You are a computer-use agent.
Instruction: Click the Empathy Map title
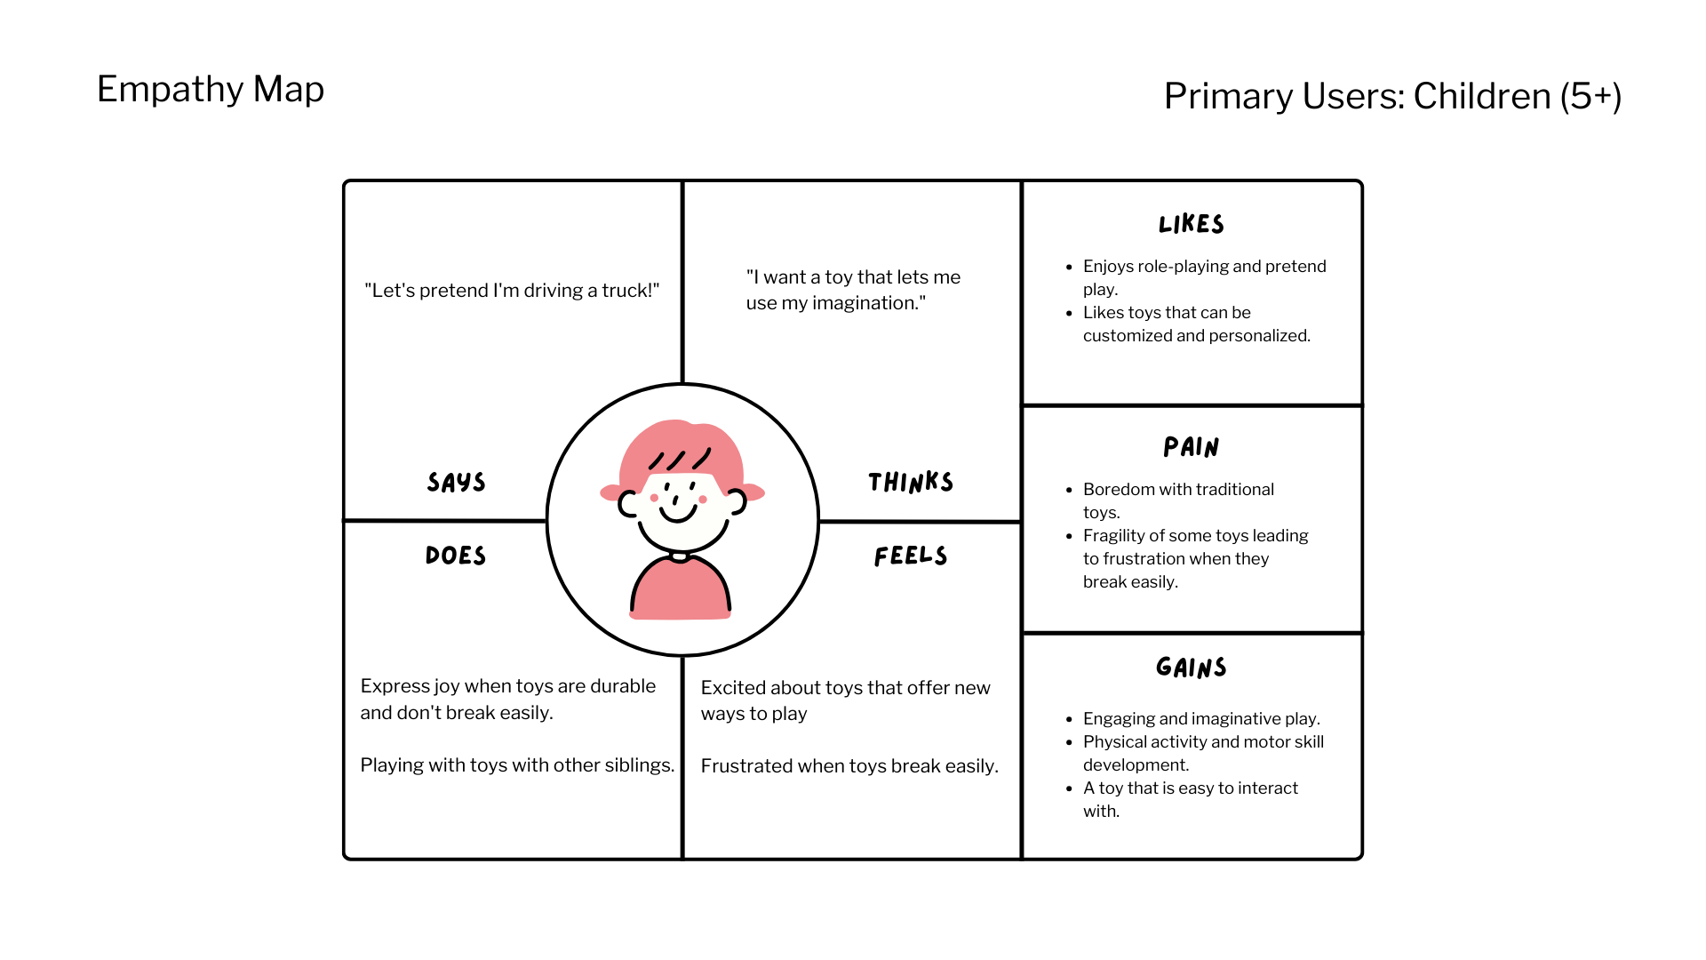[211, 89]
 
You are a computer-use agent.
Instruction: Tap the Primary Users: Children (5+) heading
[1392, 96]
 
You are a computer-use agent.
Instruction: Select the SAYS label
[456, 483]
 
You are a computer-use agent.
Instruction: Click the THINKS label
[911, 483]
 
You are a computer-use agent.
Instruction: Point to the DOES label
[456, 556]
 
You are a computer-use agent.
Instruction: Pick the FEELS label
[911, 556]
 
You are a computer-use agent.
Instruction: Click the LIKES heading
[1192, 224]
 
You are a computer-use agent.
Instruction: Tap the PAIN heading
[1192, 447]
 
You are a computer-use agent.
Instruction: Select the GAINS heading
[1192, 668]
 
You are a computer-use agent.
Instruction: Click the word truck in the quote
[629, 291]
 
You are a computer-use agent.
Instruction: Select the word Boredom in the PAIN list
[1119, 490]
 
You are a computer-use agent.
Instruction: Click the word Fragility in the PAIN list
[1113, 536]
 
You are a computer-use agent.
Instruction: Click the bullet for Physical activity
[1070, 742]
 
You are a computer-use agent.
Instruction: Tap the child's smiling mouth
[679, 515]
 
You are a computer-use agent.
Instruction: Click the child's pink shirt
[681, 590]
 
